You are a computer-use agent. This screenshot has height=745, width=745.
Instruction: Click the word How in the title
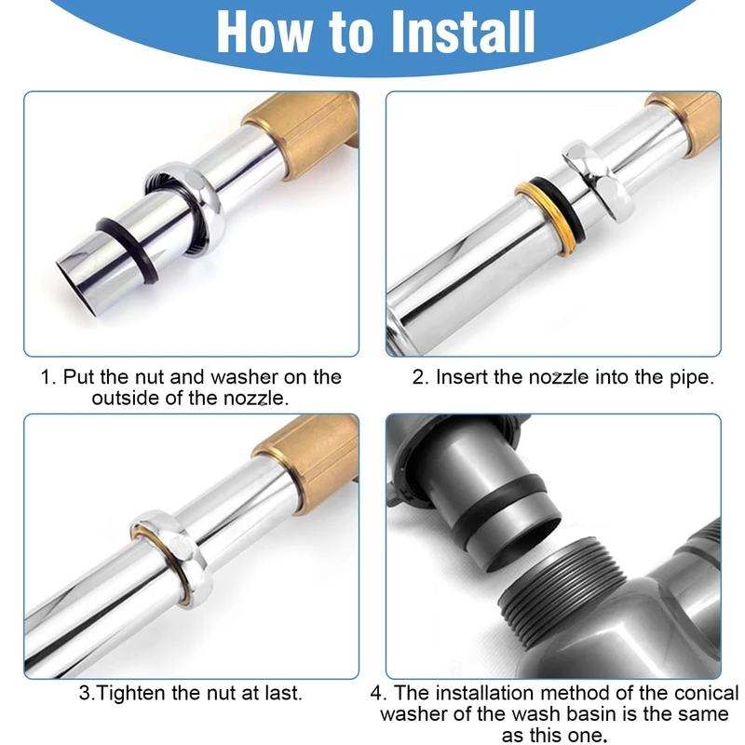(x=264, y=32)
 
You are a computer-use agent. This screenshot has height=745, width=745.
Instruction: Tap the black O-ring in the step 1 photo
(x=129, y=251)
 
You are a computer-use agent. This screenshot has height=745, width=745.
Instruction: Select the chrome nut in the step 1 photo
(x=185, y=208)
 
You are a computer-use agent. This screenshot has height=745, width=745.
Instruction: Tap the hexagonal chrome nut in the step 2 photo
(x=596, y=181)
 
